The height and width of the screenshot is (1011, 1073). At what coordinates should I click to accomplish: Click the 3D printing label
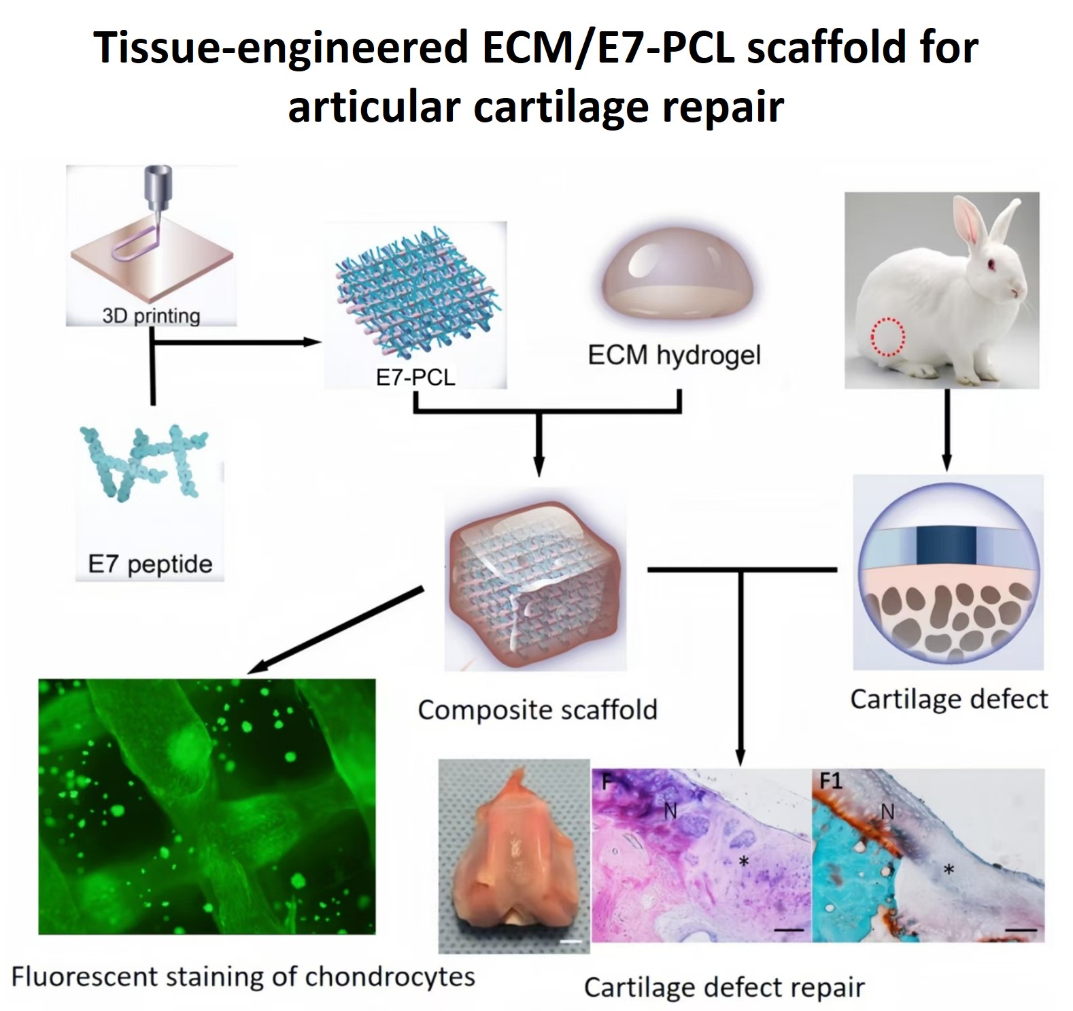pos(151,316)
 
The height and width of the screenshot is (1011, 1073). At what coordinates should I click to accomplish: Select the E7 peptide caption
pos(150,564)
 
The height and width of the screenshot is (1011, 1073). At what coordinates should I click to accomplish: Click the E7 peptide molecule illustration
pos(145,463)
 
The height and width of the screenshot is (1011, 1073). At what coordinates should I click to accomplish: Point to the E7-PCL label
pos(415,377)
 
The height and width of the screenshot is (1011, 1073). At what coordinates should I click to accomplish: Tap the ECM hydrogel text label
pos(675,355)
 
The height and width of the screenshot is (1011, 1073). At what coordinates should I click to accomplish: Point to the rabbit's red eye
pos(991,264)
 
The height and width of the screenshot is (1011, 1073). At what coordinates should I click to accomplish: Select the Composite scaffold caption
pos(538,710)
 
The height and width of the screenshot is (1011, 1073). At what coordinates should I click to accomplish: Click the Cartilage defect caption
pos(949,699)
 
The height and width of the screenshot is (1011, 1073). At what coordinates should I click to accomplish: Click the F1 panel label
pos(830,781)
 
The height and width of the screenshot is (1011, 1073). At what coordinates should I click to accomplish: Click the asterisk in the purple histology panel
pos(745,861)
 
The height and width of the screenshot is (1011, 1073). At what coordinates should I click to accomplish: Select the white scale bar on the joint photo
pos(572,942)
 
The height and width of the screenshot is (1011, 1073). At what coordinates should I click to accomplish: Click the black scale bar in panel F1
pos(1021,929)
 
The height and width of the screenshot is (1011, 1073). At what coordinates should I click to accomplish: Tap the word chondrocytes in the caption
pos(390,977)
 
